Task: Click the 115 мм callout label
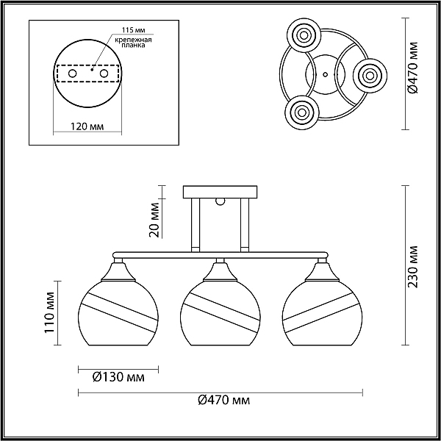click(134, 30)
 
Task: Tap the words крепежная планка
click(133, 43)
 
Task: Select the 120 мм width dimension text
click(87, 126)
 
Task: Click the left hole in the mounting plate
click(73, 73)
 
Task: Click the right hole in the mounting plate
click(104, 73)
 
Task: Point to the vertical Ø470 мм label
click(412, 68)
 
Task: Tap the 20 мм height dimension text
click(154, 220)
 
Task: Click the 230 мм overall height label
click(413, 267)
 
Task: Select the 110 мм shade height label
click(49, 312)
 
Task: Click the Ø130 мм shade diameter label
click(118, 377)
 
